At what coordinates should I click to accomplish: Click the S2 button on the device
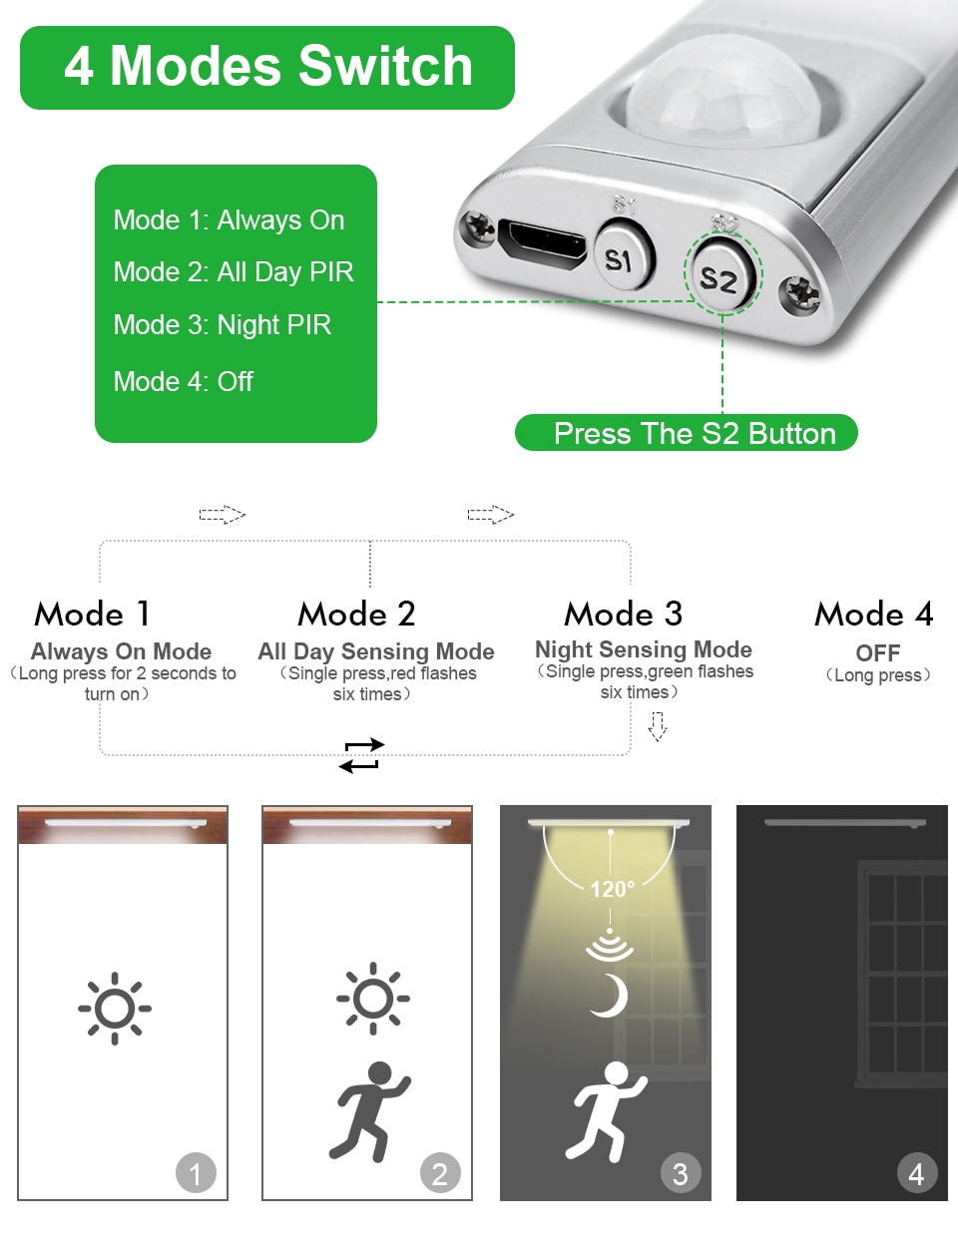coord(718,276)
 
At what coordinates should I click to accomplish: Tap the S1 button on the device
coord(621,258)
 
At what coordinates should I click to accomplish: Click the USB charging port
coord(544,242)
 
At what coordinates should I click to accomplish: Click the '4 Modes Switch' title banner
coord(267,67)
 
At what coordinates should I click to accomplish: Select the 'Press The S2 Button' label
coord(687,433)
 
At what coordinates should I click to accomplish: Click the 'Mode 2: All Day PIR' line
coord(234,272)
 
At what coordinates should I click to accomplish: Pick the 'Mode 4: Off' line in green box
coord(184,381)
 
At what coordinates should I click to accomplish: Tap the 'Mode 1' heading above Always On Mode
coord(92,614)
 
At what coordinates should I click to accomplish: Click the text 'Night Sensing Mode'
coord(644,649)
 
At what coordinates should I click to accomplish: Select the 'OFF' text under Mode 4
coord(878,653)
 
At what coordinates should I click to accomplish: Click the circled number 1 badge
coord(196,1173)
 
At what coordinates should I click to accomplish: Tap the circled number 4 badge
coord(916,1173)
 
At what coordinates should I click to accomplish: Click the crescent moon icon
coord(609,996)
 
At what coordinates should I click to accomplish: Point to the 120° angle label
coord(612,889)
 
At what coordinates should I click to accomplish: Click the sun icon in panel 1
coord(115,1008)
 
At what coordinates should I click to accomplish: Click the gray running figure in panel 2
coord(369,1110)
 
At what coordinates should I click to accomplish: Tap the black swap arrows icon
coord(360,755)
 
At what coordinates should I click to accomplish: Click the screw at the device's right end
coord(799,293)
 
